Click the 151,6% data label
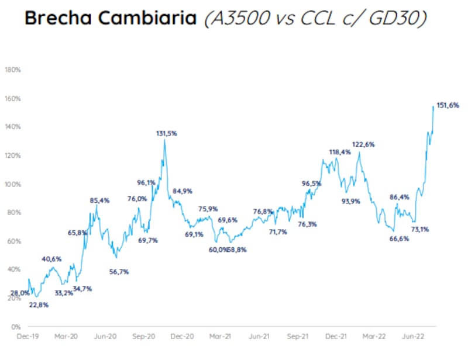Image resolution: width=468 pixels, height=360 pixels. [448, 105]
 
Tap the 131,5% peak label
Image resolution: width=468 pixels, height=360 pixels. [166, 133]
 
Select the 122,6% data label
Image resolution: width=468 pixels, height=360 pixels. [363, 144]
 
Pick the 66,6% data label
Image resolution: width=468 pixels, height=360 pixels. [398, 238]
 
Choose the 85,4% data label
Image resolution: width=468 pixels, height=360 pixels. [99, 200]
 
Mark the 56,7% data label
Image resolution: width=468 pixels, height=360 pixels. [119, 271]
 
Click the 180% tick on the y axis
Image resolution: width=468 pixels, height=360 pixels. [13, 70]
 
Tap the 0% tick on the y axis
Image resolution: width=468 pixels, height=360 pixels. [16, 326]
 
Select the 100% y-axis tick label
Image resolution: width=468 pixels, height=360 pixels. [13, 184]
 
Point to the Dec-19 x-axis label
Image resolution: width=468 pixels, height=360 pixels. [27, 337]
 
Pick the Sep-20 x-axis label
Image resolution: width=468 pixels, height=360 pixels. [143, 337]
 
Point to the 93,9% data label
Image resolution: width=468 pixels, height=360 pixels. [350, 201]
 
